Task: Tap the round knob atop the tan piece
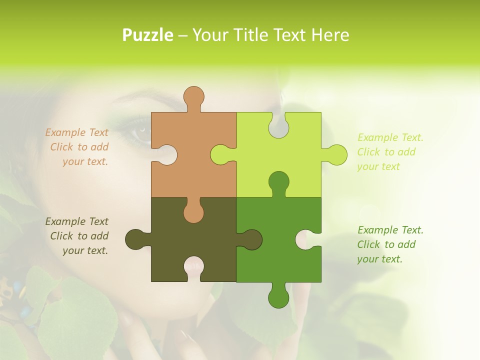pos(194,96)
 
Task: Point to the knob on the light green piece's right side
pos(336,154)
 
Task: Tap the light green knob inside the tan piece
pos(220,154)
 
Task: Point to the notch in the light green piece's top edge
pos(278,125)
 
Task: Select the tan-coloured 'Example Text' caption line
pos(76,132)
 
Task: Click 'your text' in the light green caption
pos(378,166)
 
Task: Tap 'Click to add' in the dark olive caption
pos(79,236)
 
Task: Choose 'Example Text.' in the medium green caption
pos(390,230)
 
